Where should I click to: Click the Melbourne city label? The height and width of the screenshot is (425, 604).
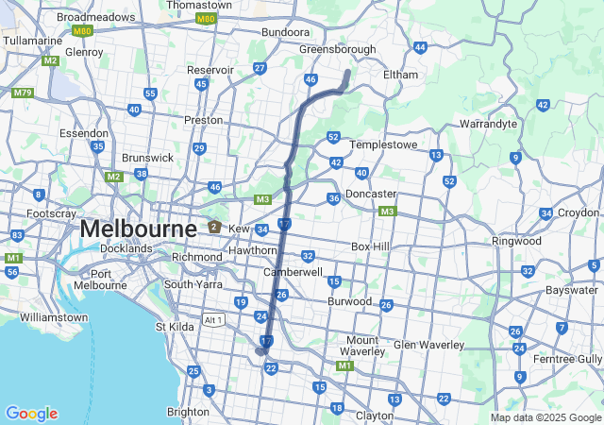pos(138,229)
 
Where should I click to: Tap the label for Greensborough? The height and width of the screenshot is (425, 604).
pos(337,49)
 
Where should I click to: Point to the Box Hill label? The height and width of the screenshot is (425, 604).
pos(370,246)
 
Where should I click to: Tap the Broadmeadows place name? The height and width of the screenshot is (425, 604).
pos(96,17)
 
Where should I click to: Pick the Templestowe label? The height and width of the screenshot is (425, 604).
pos(383,145)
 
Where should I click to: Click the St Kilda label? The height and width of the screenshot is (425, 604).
pos(174,328)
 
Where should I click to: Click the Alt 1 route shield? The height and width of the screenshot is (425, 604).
pos(214,320)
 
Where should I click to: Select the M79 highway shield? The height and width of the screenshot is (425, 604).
pos(23,93)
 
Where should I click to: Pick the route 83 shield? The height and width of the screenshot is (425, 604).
pos(17,235)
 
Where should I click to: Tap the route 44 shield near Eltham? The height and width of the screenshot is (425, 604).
pos(420,46)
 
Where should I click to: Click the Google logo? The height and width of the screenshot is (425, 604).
pos(31,414)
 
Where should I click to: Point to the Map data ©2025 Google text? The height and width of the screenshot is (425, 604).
pos(545,417)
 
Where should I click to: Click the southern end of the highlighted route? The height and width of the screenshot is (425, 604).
pos(261,351)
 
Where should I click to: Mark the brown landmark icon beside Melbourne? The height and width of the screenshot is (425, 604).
pos(214,228)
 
